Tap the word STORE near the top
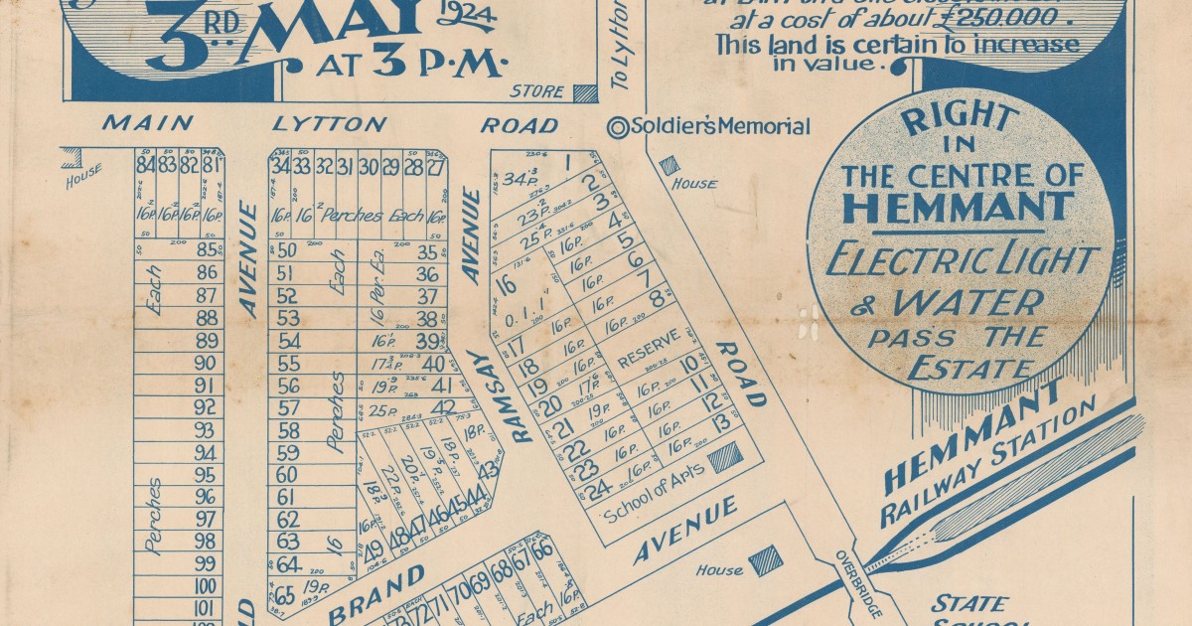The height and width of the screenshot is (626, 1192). pos(536,92)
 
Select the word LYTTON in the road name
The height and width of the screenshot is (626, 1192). pos(330,124)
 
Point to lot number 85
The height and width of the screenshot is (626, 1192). pos(207,249)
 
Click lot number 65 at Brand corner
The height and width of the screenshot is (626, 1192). pos(284,596)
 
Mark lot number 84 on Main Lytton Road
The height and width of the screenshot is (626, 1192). pos(146,164)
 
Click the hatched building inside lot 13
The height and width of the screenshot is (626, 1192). pos(723,456)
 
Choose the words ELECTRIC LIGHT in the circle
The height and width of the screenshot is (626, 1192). pos(961,261)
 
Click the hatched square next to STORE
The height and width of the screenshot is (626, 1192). pos(585,92)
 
